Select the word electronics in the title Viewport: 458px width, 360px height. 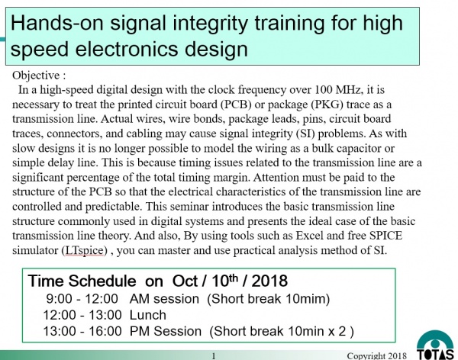click(x=127, y=49)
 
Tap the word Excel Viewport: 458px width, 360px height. click(x=309, y=236)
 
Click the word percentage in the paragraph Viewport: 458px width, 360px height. click(x=92, y=178)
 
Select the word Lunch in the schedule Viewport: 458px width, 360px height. click(x=148, y=315)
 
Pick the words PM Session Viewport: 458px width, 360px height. click(x=166, y=331)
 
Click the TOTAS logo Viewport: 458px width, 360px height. click(x=435, y=346)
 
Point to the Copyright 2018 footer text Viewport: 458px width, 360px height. click(x=377, y=356)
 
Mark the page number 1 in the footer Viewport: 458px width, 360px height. click(x=214, y=356)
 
